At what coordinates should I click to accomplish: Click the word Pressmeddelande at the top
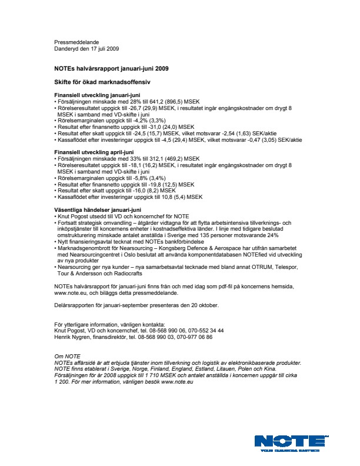coord(76,42)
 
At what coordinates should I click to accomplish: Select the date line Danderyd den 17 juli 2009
coord(86,48)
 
